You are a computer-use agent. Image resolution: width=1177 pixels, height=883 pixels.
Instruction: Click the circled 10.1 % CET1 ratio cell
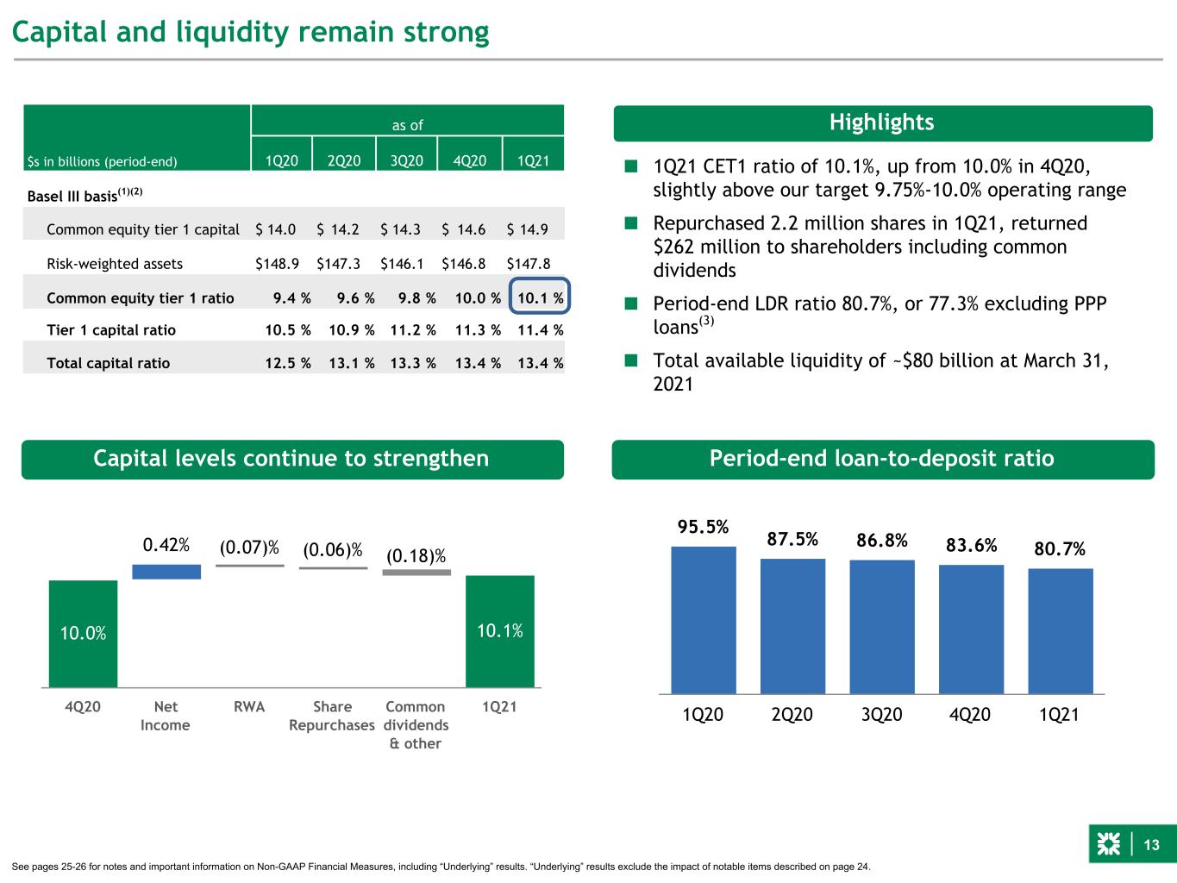(x=540, y=296)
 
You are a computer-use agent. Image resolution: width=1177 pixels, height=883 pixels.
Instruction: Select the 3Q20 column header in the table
(x=406, y=160)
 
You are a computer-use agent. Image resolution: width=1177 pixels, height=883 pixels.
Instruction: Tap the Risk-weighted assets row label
(x=115, y=264)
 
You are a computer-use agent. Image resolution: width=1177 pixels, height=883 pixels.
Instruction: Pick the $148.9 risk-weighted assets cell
(x=277, y=264)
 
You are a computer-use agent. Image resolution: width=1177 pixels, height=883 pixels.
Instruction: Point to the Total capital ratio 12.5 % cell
(x=288, y=363)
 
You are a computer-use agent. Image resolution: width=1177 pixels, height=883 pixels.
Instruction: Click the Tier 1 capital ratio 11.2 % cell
(x=413, y=329)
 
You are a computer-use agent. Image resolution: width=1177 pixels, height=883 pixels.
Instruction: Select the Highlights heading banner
(x=883, y=122)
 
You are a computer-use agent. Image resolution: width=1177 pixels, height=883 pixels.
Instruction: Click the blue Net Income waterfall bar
(x=166, y=572)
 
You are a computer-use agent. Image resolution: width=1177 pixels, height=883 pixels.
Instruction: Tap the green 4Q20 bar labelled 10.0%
(x=83, y=634)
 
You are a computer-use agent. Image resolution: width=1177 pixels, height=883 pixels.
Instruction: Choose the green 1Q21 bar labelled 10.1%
(x=500, y=631)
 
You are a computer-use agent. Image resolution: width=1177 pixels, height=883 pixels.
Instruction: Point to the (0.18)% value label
(x=416, y=556)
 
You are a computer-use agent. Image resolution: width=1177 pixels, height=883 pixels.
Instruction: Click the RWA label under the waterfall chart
(x=249, y=706)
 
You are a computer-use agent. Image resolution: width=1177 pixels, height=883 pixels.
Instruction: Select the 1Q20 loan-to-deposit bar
(x=704, y=620)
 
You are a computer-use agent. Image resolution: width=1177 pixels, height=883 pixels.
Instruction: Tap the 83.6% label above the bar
(x=971, y=545)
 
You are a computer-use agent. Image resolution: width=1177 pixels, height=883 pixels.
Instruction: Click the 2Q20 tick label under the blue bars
(x=792, y=715)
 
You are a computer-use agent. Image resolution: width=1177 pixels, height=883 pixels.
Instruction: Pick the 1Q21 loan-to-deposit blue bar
(x=1061, y=631)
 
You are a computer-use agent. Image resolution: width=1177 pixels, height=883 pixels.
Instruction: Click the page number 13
(x=1151, y=845)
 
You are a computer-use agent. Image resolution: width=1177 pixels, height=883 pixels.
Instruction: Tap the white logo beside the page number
(x=1108, y=844)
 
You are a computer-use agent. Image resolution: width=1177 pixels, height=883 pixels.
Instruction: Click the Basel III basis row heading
(x=85, y=195)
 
